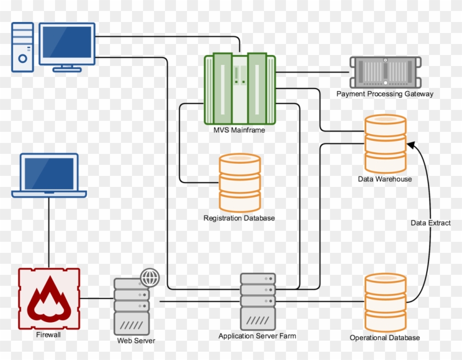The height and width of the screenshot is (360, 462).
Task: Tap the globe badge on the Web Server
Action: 149,278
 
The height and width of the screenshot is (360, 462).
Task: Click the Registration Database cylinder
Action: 239,183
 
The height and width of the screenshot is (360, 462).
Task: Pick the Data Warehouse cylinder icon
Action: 386,143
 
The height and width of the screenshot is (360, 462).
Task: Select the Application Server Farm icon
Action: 258,301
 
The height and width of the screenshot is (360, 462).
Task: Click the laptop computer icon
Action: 49,175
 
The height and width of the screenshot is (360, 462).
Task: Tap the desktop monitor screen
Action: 67,44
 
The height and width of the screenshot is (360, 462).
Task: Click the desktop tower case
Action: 23,47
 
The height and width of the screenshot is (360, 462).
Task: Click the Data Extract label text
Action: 431,223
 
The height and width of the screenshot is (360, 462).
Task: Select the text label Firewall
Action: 49,334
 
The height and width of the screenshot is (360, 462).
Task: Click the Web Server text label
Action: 136,341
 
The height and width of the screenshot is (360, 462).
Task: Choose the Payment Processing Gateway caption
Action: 384,94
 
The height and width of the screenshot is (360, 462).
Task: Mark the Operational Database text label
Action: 384,337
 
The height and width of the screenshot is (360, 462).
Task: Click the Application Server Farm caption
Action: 258,336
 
